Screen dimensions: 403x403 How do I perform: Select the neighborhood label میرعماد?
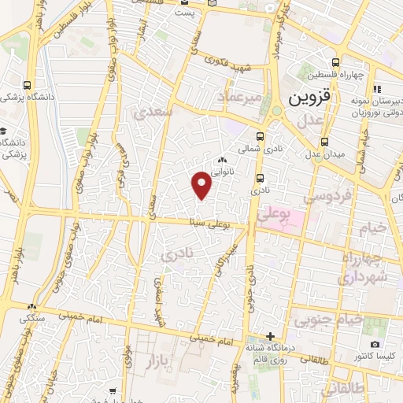237,96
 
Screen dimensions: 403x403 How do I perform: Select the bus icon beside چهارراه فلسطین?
336,63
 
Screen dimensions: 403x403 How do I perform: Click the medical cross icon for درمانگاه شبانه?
270,336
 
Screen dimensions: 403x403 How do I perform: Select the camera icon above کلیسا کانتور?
375,345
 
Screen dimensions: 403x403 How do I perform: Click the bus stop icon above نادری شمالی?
261,135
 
